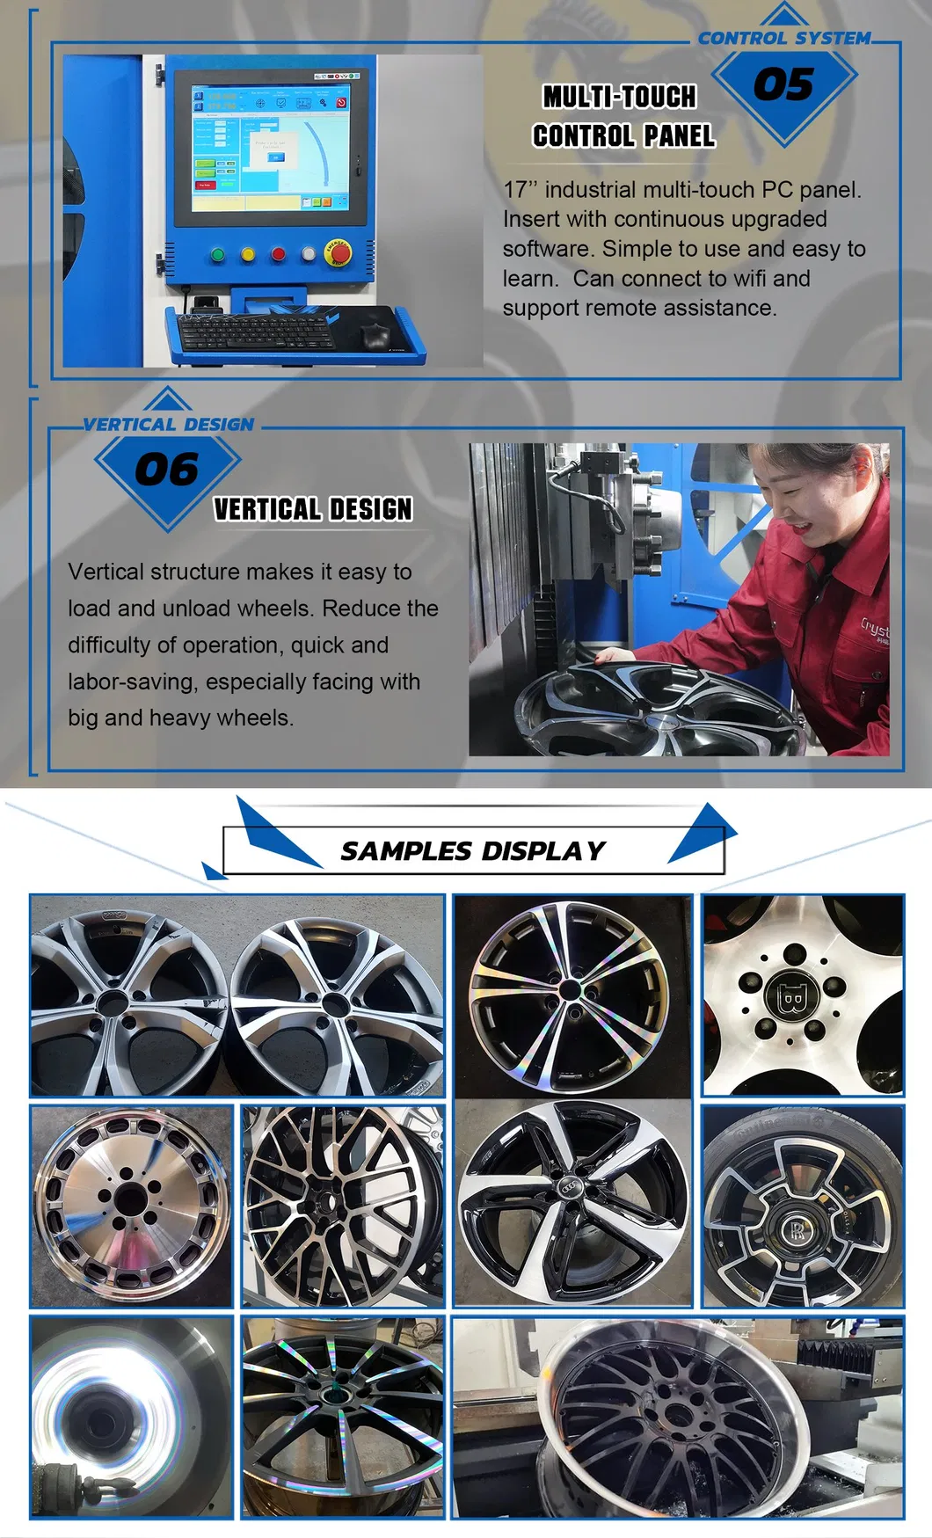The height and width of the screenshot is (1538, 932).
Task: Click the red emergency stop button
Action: tap(338, 253)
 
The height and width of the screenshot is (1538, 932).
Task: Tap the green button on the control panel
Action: tap(218, 255)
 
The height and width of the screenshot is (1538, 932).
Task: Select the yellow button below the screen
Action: tap(248, 255)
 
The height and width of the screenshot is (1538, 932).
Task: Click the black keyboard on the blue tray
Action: tap(255, 332)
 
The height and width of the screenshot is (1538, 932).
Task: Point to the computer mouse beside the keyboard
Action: tap(375, 334)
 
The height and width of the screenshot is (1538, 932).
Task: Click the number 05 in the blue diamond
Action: tap(783, 85)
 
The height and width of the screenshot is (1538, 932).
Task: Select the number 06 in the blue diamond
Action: tap(166, 470)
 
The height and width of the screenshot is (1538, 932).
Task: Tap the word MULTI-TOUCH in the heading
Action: tap(619, 97)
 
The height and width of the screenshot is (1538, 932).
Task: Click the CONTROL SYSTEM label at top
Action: tap(783, 39)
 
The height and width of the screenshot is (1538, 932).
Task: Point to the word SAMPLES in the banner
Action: tap(406, 851)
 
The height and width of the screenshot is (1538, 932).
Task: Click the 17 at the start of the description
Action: tap(515, 190)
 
